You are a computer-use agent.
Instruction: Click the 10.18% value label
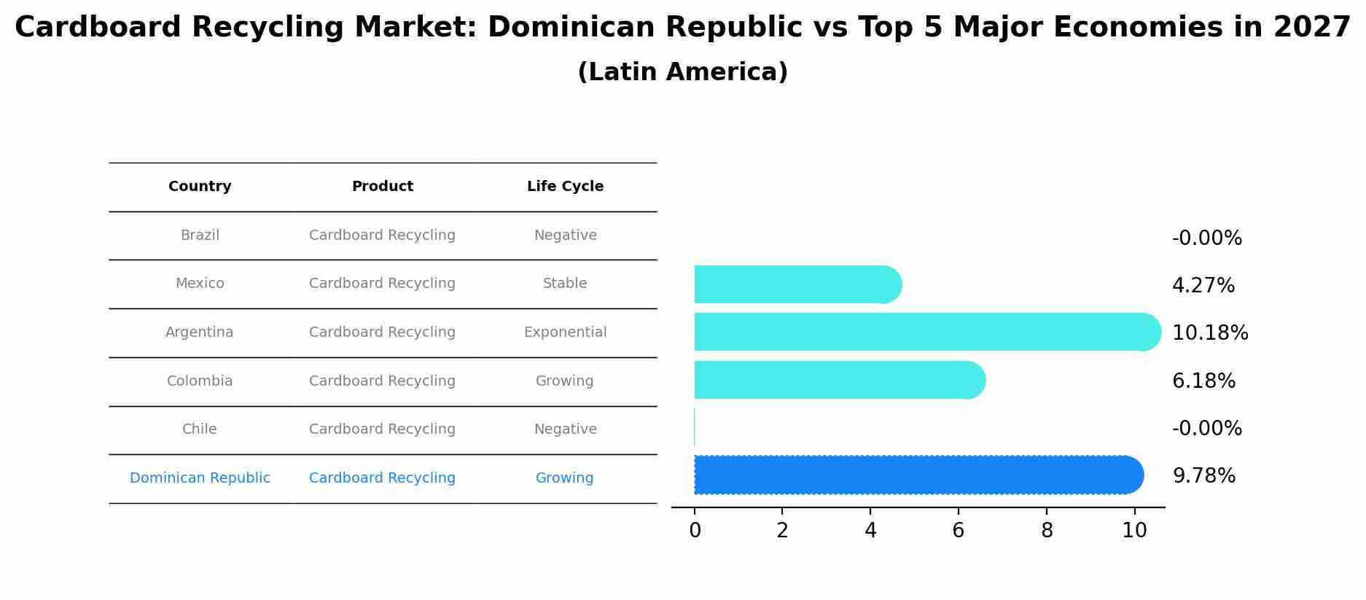click(1209, 333)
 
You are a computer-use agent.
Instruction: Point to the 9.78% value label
click(1203, 476)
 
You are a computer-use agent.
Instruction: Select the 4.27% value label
click(1203, 286)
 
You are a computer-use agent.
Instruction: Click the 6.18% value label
click(1203, 381)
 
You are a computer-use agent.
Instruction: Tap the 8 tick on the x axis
click(1047, 531)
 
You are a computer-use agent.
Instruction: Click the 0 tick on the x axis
click(695, 531)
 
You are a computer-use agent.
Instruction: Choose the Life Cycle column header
click(565, 187)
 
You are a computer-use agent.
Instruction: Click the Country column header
click(200, 187)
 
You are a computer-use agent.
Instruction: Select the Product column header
click(382, 187)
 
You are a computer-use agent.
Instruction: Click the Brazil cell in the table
click(200, 235)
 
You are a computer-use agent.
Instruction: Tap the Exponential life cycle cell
click(565, 332)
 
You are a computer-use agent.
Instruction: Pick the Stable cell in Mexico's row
click(565, 284)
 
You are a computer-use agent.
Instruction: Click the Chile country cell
click(200, 429)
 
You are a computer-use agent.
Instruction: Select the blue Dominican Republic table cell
click(200, 478)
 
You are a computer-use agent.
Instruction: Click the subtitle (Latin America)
click(682, 72)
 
